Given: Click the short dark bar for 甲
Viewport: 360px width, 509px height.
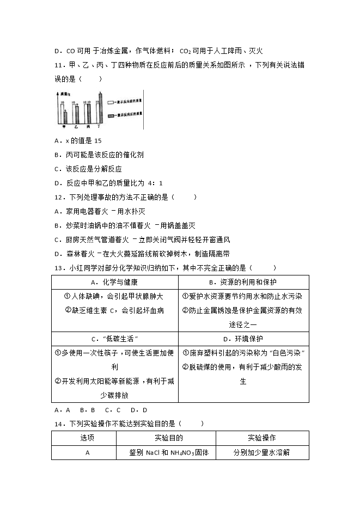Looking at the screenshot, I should (65, 116).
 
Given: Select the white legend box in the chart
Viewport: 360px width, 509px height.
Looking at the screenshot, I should (111, 102).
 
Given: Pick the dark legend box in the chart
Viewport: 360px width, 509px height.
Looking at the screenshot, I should (111, 115).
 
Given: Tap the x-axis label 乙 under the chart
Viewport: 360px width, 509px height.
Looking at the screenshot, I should (76, 126).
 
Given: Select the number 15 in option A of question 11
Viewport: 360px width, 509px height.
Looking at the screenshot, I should (97, 140).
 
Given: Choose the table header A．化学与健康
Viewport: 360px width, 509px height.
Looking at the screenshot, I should (115, 283).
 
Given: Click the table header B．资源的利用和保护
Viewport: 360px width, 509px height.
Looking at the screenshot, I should (243, 283).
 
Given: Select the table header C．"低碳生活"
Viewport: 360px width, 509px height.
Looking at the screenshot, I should (115, 339).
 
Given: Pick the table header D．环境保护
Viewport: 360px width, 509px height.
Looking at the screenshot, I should (243, 339).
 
